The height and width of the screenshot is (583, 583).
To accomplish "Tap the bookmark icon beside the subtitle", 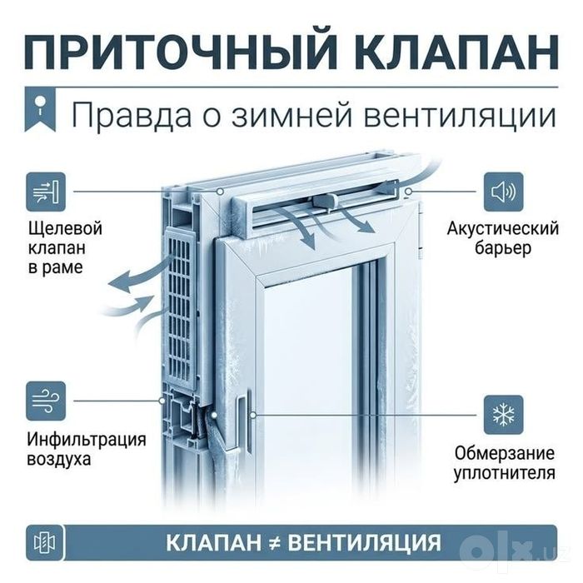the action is [40, 110].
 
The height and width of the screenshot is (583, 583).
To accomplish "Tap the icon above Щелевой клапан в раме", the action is [45, 192].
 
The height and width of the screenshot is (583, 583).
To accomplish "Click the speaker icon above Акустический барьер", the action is [503, 192].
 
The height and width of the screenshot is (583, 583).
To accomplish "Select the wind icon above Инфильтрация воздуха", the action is [45, 401].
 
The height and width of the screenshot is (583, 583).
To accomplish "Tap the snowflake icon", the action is [503, 415].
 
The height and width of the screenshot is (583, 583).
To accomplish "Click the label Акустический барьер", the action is [503, 238].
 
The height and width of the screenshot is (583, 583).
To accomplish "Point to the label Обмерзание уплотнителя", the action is [504, 463].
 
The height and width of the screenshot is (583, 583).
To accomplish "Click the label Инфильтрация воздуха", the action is [87, 449].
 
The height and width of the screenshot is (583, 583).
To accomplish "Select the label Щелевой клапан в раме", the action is [65, 247].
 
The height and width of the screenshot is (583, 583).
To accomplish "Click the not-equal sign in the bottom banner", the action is [274, 543].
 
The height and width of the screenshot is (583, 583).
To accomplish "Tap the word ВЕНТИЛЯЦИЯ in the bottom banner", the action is [365, 543].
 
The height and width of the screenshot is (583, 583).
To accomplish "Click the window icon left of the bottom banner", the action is [45, 542].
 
